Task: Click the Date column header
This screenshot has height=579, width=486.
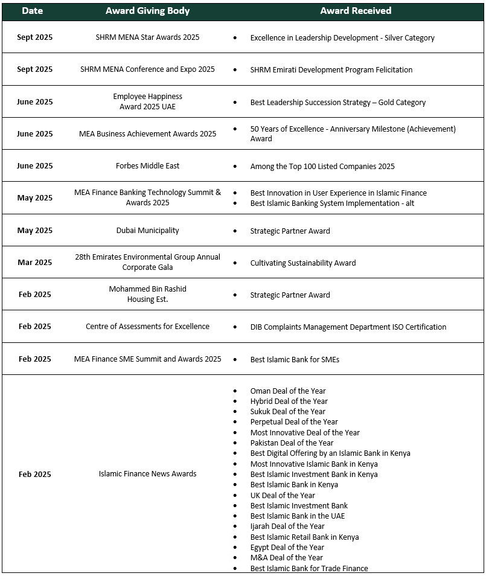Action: coord(32,11)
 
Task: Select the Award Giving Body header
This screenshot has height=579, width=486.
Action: coord(147,11)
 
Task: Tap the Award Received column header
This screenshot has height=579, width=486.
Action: coord(356,11)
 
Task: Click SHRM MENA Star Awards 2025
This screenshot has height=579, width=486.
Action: coord(147,37)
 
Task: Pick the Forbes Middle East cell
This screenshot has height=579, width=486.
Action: coord(147,166)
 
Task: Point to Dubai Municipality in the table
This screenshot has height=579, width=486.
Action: coord(147,231)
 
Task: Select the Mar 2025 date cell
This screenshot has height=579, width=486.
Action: coord(34,263)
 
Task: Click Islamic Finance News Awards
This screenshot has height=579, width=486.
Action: coord(147,474)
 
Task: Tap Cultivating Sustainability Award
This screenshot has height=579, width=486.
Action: coord(303,263)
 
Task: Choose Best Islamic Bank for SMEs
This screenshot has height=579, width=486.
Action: coord(295,360)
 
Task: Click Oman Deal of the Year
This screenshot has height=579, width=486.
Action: coord(288,391)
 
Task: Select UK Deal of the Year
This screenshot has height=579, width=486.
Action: coord(283,495)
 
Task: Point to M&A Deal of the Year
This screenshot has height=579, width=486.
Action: coord(287,558)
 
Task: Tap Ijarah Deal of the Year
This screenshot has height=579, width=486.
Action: coord(287,526)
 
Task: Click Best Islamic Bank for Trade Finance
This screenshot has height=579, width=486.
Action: coord(309,568)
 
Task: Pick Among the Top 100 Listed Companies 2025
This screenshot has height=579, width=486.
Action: coord(322,167)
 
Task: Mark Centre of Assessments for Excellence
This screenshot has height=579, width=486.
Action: coord(147,327)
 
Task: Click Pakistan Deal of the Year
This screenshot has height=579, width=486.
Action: coord(292,443)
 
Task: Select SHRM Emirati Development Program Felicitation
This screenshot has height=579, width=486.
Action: coord(331,70)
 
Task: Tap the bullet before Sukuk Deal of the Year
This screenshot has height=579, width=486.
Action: coord(235,412)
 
